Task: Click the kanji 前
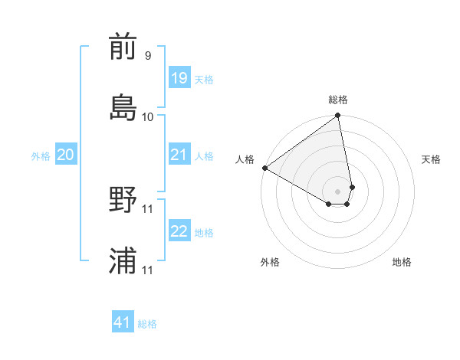[123, 47]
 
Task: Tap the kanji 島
[123, 106]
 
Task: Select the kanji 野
[123, 201]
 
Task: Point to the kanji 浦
[123, 260]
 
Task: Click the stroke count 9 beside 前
[147, 56]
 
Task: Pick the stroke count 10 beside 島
[148, 116]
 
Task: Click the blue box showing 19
[179, 78]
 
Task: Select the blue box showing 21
[179, 155]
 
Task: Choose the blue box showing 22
[179, 231]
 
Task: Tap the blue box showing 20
[65, 155]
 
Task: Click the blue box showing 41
[123, 322]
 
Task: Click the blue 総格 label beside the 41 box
[147, 324]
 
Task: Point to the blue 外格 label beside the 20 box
[41, 156]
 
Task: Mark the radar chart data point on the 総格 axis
[338, 116]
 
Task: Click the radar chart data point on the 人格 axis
[264, 168]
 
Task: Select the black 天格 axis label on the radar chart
[431, 159]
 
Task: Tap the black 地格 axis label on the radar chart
[402, 262]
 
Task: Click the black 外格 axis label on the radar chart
[270, 262]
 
